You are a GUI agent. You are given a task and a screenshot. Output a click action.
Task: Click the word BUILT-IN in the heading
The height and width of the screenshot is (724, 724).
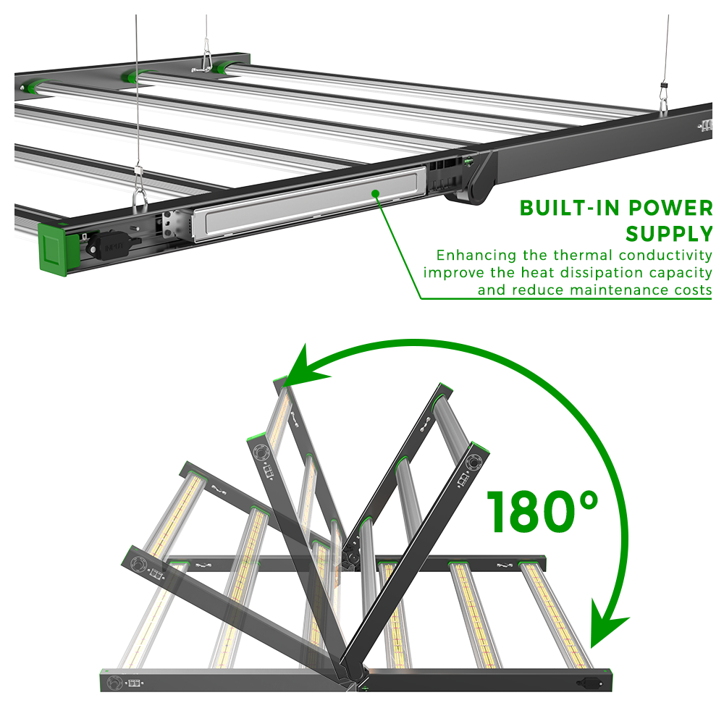(570, 209)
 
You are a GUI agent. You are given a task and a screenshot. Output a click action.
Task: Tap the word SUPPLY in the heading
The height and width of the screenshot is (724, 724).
(669, 234)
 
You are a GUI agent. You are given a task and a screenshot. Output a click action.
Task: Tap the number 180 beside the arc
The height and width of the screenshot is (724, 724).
(530, 512)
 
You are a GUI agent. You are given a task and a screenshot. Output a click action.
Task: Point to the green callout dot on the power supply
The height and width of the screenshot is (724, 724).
(375, 193)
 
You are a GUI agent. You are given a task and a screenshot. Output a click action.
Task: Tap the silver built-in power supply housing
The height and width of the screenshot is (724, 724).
(309, 203)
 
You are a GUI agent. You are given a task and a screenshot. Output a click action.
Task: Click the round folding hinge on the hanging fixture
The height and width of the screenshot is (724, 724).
(471, 189)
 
